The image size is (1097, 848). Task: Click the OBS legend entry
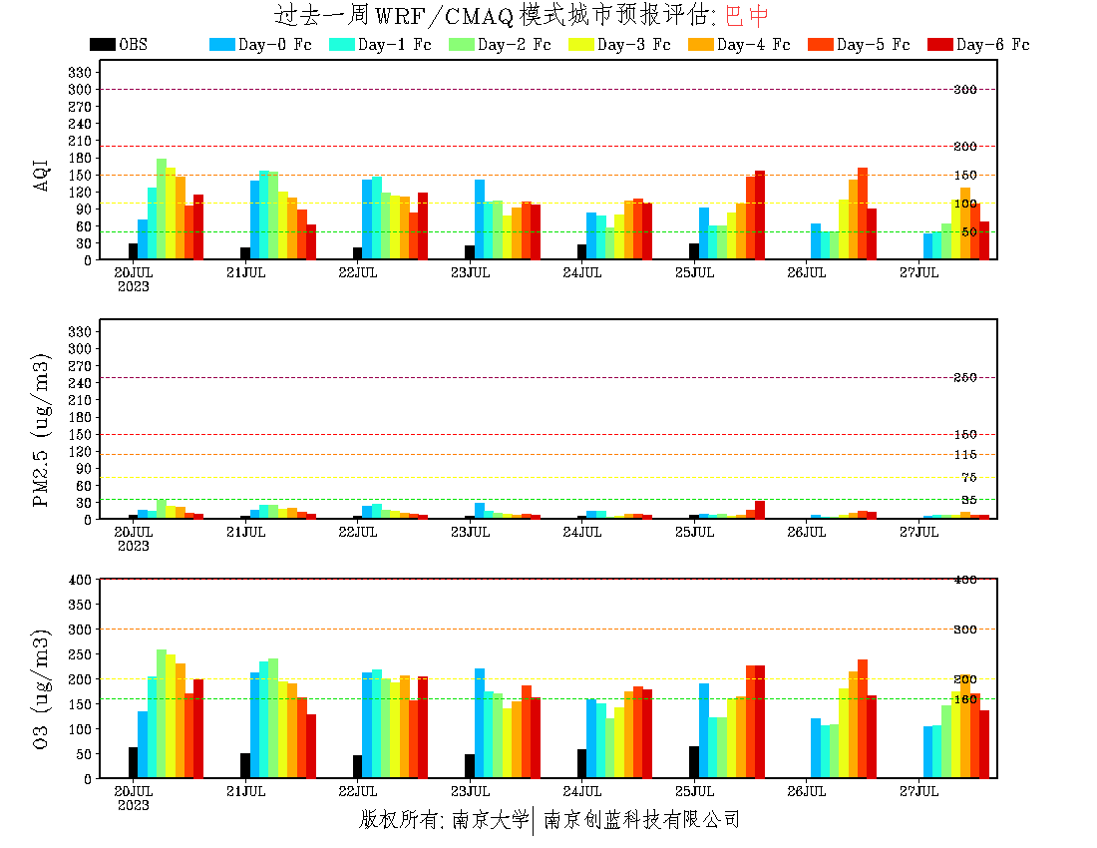pos(120,45)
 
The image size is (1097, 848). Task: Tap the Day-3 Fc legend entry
pos(619,45)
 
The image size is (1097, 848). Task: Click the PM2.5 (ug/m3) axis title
pos(41,430)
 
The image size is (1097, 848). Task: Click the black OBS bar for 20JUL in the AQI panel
pos(134,251)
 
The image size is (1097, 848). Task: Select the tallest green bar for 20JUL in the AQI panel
pos(162,210)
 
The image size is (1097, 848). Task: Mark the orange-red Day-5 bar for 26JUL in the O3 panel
pos(863,718)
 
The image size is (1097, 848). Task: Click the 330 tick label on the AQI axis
pos(80,73)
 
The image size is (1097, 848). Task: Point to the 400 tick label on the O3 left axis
pos(80,580)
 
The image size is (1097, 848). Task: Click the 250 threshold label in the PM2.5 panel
pos(965,378)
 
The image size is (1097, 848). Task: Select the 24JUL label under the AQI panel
pos(582,272)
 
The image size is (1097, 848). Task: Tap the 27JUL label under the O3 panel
pos(919,792)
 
